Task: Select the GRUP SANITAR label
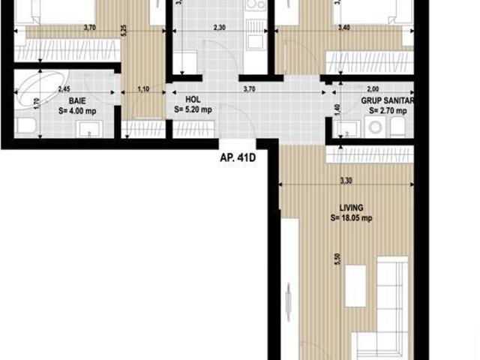pyautogui.click(x=388, y=99)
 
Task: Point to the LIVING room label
pyautogui.click(x=351, y=208)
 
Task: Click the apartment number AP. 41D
pyautogui.click(x=238, y=158)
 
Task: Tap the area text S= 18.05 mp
pyautogui.click(x=351, y=219)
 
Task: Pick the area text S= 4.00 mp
pyautogui.click(x=76, y=110)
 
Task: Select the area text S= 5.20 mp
pyautogui.click(x=193, y=109)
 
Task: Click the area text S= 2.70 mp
pyautogui.click(x=388, y=109)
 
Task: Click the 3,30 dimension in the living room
pyautogui.click(x=346, y=181)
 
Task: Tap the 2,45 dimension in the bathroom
pyautogui.click(x=64, y=88)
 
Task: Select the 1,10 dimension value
pyautogui.click(x=142, y=88)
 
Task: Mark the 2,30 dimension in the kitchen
pyautogui.click(x=219, y=28)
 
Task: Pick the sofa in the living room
pyautogui.click(x=391, y=296)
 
